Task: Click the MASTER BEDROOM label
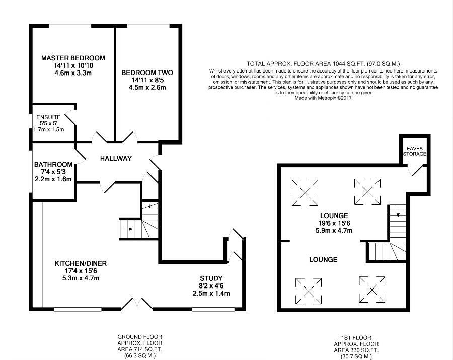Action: click(73, 58)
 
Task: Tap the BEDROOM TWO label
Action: click(147, 73)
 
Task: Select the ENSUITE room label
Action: click(48, 117)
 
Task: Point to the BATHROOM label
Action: click(53, 165)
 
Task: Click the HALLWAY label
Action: click(116, 158)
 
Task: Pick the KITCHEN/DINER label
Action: click(81, 263)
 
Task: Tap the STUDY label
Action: click(211, 278)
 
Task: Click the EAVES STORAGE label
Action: click(415, 151)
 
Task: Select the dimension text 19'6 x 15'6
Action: click(334, 223)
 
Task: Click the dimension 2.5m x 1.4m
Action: click(211, 294)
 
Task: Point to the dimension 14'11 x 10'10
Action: click(73, 65)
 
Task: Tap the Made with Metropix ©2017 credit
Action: click(323, 98)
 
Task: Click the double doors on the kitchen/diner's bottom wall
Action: click(137, 304)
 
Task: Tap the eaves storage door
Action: click(416, 170)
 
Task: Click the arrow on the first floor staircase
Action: click(398, 212)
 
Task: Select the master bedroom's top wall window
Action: click(70, 26)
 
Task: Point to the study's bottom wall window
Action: click(214, 309)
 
